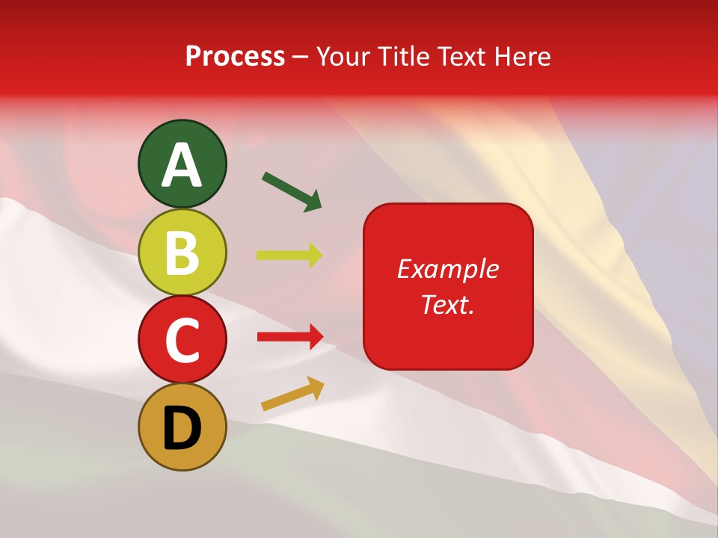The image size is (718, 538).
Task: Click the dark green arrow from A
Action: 292,191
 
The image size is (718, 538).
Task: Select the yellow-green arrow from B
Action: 289,255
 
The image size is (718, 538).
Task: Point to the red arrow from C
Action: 290,337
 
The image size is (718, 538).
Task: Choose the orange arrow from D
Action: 292,394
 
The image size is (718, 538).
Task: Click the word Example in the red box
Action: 448,269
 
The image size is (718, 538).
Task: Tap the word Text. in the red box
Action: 448,304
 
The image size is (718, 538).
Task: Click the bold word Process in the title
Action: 235,56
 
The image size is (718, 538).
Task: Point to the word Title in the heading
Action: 403,56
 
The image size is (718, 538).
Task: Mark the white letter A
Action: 182,164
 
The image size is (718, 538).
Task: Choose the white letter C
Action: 182,339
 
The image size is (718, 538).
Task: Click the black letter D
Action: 182,427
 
